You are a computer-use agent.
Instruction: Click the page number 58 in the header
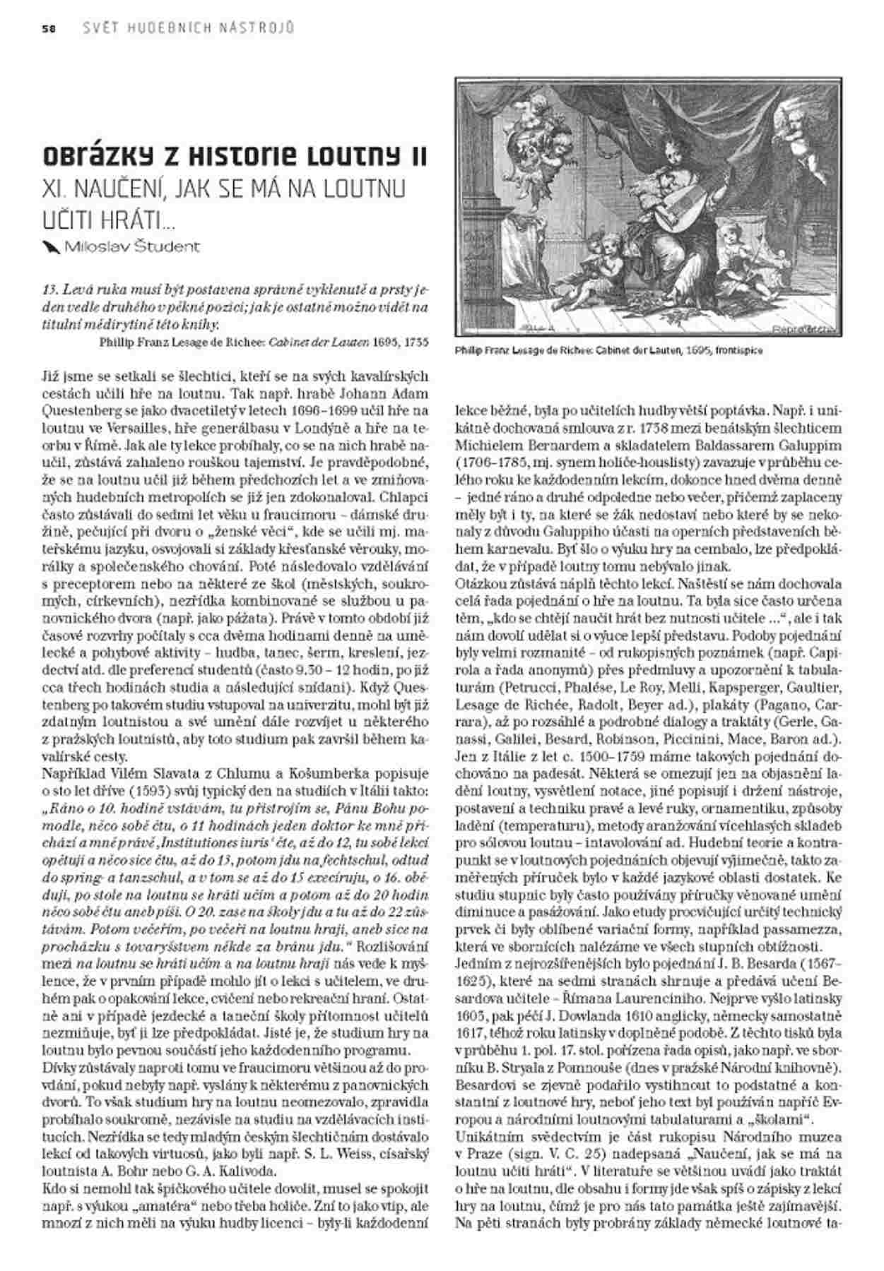[49, 28]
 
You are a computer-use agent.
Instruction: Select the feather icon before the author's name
[51, 246]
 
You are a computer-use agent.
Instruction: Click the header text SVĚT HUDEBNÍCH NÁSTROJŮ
[187, 28]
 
